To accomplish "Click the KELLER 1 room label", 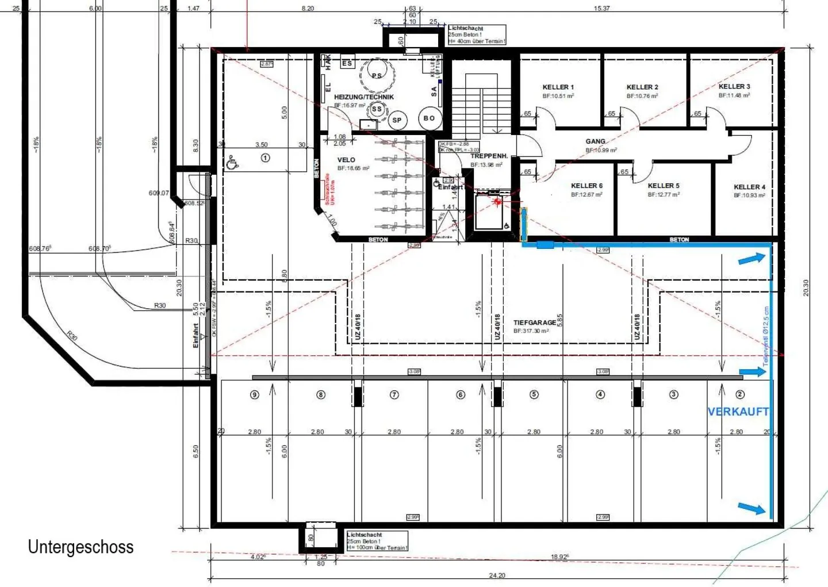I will point(558,87).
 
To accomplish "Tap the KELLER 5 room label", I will point(663,186).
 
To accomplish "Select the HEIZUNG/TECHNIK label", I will point(364,97).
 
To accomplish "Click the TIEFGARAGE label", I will point(534,323).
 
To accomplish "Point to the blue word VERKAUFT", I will point(738,412).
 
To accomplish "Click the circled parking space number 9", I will point(255,394).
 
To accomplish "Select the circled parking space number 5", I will point(534,394).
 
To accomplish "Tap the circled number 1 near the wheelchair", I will point(265,158).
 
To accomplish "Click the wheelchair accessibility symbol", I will point(232,163).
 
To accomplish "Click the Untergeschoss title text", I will point(80,547).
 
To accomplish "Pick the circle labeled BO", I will point(429,118).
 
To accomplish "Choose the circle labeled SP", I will point(397,120).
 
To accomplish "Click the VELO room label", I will point(346,160).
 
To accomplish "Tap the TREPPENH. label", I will point(489,156).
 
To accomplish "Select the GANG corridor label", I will point(595,141).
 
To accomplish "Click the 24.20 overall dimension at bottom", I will point(497,575).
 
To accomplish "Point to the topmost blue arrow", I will point(752,259).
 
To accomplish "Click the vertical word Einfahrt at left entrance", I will point(195,335).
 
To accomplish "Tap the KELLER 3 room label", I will point(734,86).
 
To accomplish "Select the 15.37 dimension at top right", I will point(601,8).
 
